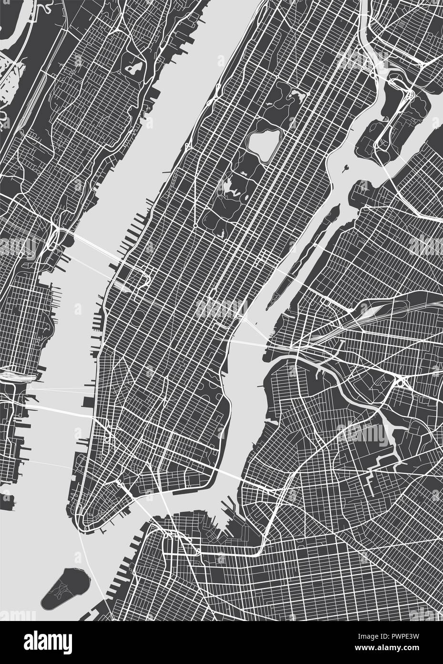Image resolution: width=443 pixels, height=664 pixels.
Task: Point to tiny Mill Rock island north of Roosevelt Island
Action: coord(345,167)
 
